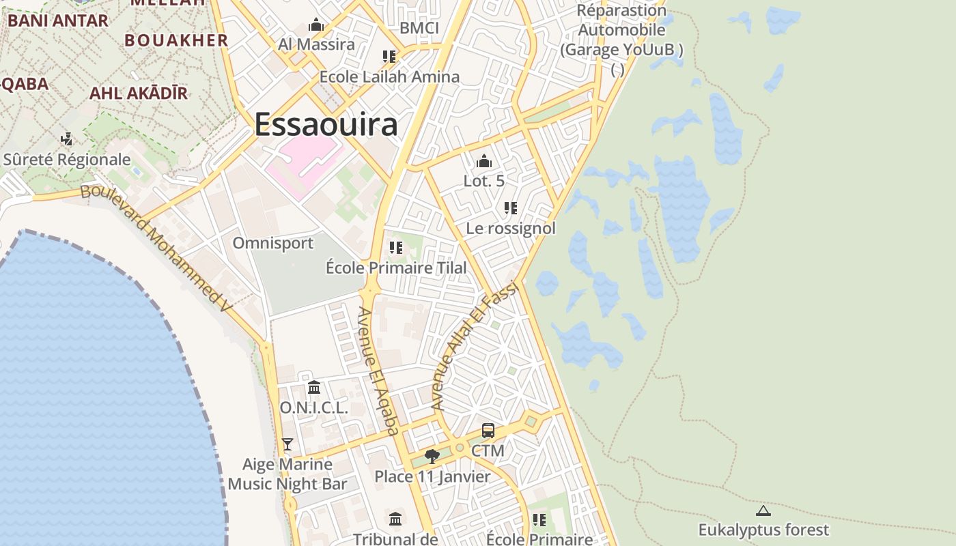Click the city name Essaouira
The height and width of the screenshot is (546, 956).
pyautogui.click(x=326, y=125)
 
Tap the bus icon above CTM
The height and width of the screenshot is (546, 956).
pyautogui.click(x=488, y=431)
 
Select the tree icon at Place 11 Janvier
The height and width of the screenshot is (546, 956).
pyautogui.click(x=432, y=456)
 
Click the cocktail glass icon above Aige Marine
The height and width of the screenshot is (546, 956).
pyautogui.click(x=287, y=444)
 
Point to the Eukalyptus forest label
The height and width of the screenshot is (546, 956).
pyautogui.click(x=763, y=530)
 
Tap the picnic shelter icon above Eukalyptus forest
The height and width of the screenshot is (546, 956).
pyautogui.click(x=763, y=511)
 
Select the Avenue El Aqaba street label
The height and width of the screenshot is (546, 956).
pyautogui.click(x=378, y=371)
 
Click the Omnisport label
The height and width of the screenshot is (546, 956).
pyautogui.click(x=273, y=243)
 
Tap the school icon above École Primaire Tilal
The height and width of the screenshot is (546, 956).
pyautogui.click(x=396, y=248)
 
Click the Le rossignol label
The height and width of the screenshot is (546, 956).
pyautogui.click(x=511, y=228)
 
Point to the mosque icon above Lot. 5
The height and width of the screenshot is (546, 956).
pyautogui.click(x=484, y=162)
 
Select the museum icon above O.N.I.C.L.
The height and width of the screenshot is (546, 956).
pyautogui.click(x=314, y=388)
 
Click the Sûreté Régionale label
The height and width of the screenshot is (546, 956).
pyautogui.click(x=67, y=160)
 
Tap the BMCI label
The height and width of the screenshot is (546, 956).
pyautogui.click(x=419, y=28)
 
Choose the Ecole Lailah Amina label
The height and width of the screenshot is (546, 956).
pyautogui.click(x=389, y=76)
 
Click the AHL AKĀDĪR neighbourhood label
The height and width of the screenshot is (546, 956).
pyautogui.click(x=139, y=94)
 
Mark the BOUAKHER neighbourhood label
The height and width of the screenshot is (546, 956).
pyautogui.click(x=176, y=40)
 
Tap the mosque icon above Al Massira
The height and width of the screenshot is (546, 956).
pyautogui.click(x=316, y=26)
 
